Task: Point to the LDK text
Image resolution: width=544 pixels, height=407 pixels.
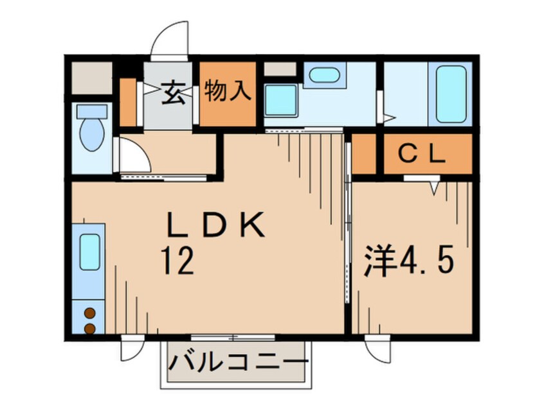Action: (215, 227)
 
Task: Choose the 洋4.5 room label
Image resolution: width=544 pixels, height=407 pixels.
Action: (412, 263)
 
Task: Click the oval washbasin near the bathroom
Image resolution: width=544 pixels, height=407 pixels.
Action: (323, 75)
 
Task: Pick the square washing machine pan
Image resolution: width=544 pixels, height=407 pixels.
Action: (281, 100)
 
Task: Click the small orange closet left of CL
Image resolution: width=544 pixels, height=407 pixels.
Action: (363, 154)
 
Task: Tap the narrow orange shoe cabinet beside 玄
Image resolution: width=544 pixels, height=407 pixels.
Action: (129, 101)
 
